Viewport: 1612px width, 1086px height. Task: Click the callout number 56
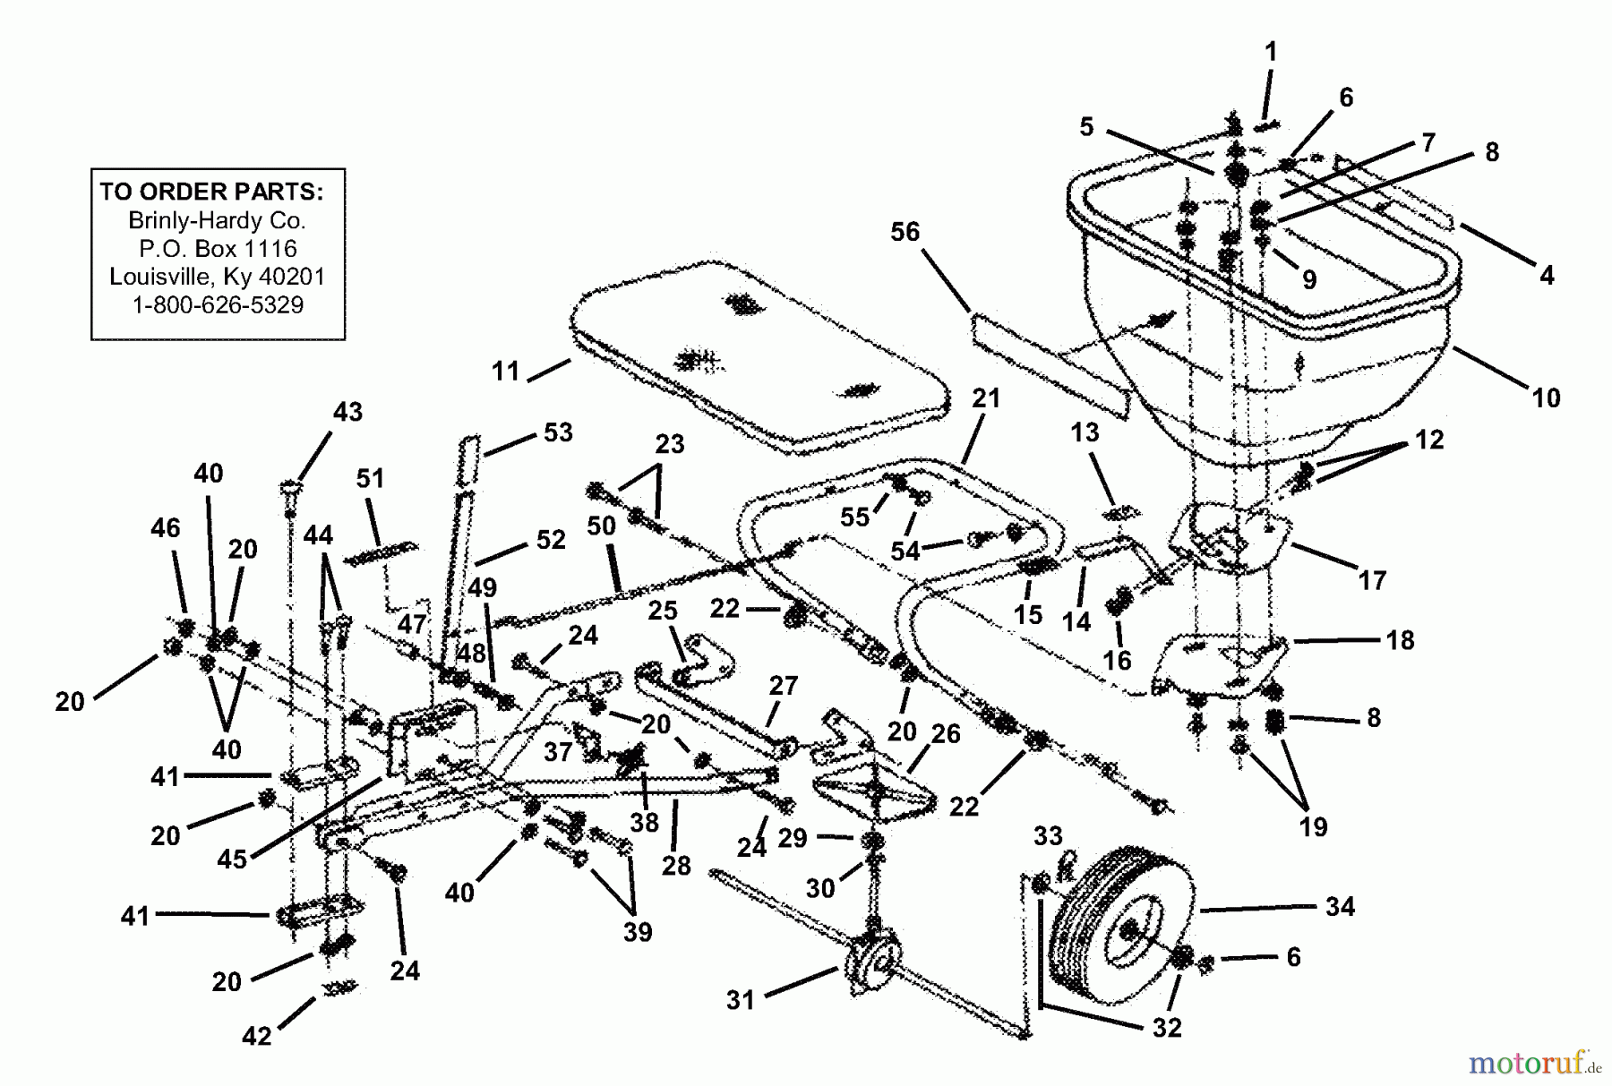[x=905, y=232]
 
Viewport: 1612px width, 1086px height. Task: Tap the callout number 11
[x=505, y=371]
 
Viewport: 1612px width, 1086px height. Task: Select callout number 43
[x=347, y=412]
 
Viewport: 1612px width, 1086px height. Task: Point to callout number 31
[x=740, y=1000]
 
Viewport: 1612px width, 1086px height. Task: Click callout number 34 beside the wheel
[x=1340, y=907]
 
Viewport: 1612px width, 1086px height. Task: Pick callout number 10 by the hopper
[x=1546, y=398]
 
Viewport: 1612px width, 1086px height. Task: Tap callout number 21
[x=986, y=398]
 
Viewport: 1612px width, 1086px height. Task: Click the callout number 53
[x=558, y=432]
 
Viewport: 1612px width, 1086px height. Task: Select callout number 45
[x=232, y=859]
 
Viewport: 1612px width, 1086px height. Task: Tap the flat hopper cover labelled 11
[x=761, y=358]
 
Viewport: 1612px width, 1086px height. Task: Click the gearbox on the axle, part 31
[x=867, y=962]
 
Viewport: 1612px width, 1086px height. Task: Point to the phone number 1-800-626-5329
[x=218, y=305]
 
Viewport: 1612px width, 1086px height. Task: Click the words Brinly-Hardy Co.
[x=218, y=220]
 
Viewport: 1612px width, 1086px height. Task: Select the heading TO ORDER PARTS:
[x=211, y=192]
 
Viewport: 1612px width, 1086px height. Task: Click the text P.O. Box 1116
[x=218, y=248]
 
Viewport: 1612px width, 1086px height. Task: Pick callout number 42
[x=256, y=1036]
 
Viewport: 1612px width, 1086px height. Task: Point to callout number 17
[x=1371, y=580]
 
